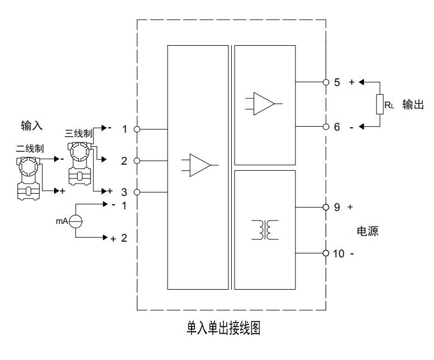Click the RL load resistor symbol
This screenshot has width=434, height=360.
[x=380, y=104]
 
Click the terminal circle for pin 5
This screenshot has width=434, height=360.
[x=326, y=82]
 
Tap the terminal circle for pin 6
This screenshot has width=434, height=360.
[x=326, y=127]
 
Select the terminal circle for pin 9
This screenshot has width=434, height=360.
[x=326, y=207]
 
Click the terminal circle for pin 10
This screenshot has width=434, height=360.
[x=326, y=253]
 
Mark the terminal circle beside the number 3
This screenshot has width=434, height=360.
[x=137, y=192]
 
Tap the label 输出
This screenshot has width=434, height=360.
[x=413, y=104]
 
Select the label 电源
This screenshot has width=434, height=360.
[x=368, y=231]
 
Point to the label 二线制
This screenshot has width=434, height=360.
[x=30, y=148]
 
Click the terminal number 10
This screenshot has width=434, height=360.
[x=339, y=254]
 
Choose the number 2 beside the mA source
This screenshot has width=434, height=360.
[x=124, y=238]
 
